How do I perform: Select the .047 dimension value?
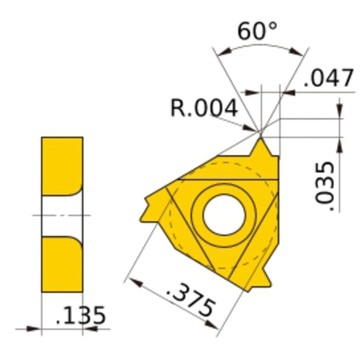328,78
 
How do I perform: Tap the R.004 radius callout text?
204,108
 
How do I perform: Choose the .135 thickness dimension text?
81,315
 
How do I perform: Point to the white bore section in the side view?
58,215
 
